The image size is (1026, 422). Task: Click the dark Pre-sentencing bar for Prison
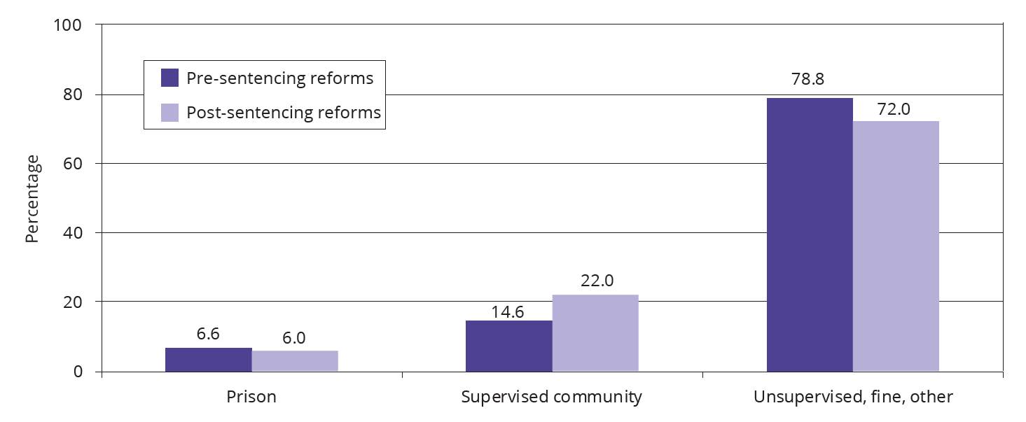pyautogui.click(x=208, y=360)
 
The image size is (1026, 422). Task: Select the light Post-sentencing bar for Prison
pyautogui.click(x=295, y=361)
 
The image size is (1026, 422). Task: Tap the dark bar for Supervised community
pyautogui.click(x=508, y=346)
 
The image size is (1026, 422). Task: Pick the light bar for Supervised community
pyautogui.click(x=595, y=333)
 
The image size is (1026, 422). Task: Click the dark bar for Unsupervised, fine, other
pyautogui.click(x=810, y=234)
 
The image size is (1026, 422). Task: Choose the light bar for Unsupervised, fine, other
pyautogui.click(x=896, y=246)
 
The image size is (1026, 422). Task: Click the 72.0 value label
pyautogui.click(x=896, y=109)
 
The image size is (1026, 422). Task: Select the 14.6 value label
pyautogui.click(x=508, y=312)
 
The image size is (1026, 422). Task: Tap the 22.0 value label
pyautogui.click(x=597, y=281)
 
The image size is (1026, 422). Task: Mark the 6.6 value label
pyautogui.click(x=208, y=334)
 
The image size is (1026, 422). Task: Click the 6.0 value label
pyautogui.click(x=294, y=337)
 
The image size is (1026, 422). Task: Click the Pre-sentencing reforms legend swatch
pyautogui.click(x=170, y=78)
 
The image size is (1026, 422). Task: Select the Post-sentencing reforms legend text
pyautogui.click(x=284, y=113)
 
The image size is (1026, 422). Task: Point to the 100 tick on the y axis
pyautogui.click(x=69, y=25)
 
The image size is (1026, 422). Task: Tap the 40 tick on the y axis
pyautogui.click(x=74, y=233)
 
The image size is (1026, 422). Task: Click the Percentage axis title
pyautogui.click(x=32, y=199)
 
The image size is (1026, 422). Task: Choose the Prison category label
pyautogui.click(x=251, y=397)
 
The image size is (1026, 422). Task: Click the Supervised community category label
pyautogui.click(x=551, y=397)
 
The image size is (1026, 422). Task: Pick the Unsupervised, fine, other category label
pyautogui.click(x=852, y=397)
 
